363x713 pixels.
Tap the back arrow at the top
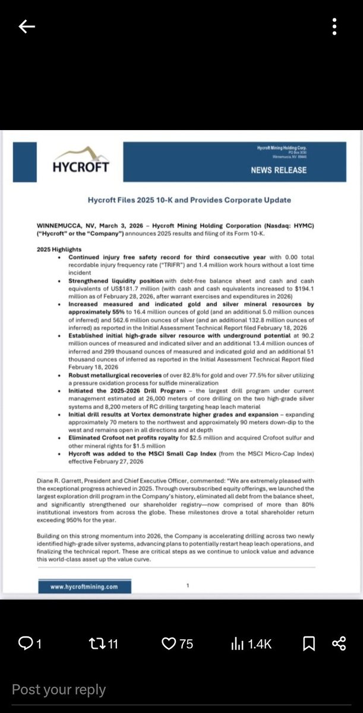(x=27, y=27)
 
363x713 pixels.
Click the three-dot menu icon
(x=336, y=27)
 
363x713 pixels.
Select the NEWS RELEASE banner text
(x=279, y=170)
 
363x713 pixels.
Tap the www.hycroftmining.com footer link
(x=84, y=586)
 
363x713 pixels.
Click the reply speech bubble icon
(x=26, y=643)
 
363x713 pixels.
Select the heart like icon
(x=168, y=643)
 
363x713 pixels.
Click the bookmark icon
(x=309, y=643)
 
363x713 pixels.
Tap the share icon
(x=339, y=643)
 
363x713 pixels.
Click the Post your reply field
(x=59, y=690)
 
